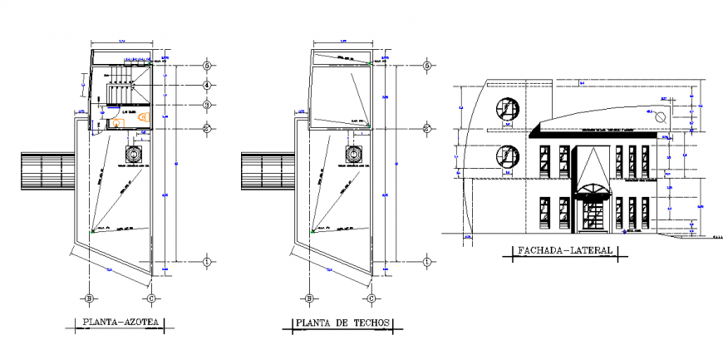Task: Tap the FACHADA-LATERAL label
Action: [x=564, y=250]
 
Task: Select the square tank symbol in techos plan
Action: [x=354, y=155]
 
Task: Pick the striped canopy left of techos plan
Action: [x=264, y=173]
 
